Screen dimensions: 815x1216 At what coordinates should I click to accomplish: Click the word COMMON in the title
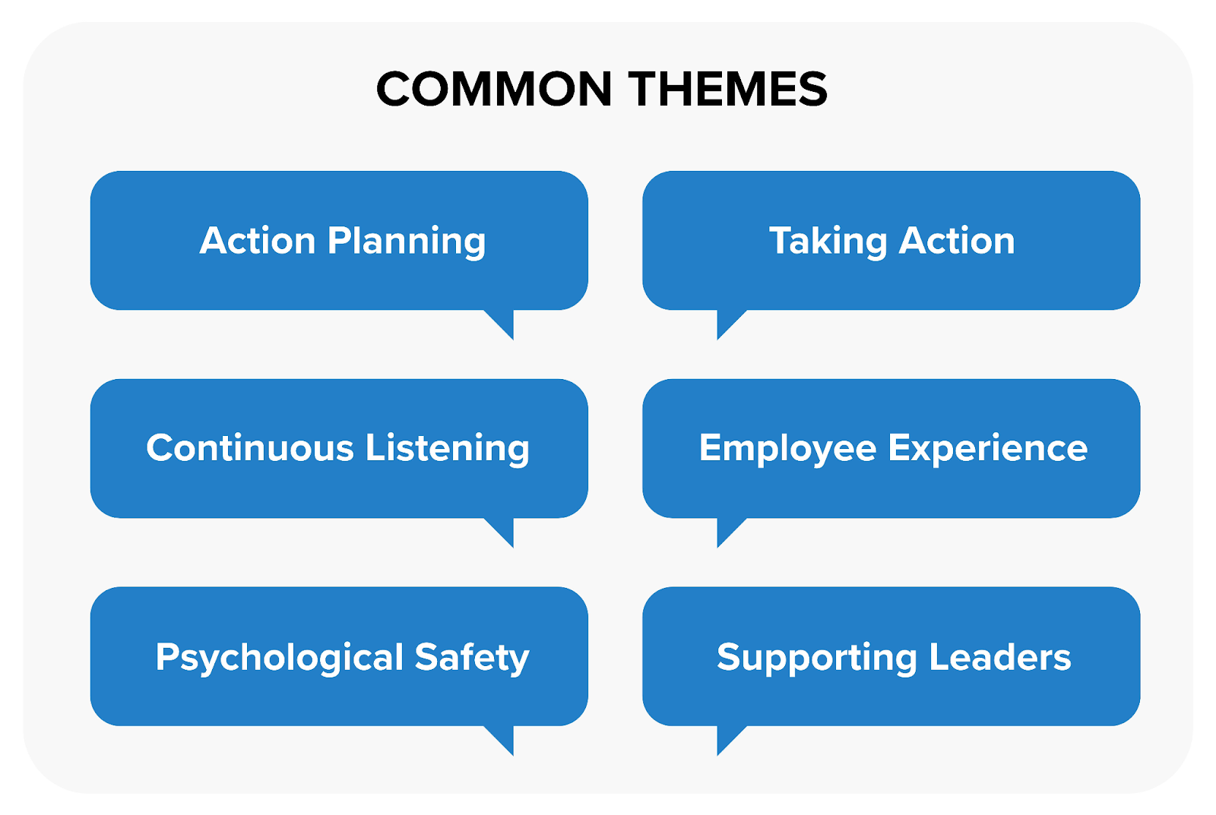pyautogui.click(x=494, y=89)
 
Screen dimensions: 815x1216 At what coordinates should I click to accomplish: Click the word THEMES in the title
pyautogui.click(x=727, y=89)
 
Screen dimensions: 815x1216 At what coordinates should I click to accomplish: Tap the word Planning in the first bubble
pyautogui.click(x=407, y=242)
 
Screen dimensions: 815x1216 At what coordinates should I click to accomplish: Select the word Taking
pyautogui.click(x=828, y=242)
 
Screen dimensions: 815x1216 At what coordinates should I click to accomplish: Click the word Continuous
pyautogui.click(x=250, y=447)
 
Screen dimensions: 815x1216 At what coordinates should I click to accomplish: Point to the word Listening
pyautogui.click(x=448, y=449)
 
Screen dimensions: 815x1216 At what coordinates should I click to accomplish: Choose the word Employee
pyautogui.click(x=787, y=449)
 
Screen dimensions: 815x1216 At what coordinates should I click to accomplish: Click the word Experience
pyautogui.click(x=988, y=448)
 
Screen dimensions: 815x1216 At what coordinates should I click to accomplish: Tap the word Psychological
pyautogui.click(x=279, y=658)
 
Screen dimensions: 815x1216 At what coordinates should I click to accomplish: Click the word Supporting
pyautogui.click(x=817, y=658)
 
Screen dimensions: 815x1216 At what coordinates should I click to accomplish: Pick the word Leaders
pyautogui.click(x=1000, y=657)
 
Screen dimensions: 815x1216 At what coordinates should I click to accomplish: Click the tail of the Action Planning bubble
pyautogui.click(x=503, y=322)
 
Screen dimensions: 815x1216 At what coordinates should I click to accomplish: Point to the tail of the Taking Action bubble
pyautogui.click(x=727, y=322)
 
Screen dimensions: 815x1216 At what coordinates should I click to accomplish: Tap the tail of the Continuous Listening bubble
pyautogui.click(x=503, y=530)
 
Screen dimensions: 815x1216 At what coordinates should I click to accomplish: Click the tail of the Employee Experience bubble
pyautogui.click(x=727, y=530)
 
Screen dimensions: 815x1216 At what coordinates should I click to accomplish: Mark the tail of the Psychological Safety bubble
pyautogui.click(x=503, y=738)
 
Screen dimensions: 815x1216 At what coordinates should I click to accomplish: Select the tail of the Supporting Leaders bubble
pyautogui.click(x=727, y=738)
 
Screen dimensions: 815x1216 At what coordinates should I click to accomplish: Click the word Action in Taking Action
pyautogui.click(x=957, y=241)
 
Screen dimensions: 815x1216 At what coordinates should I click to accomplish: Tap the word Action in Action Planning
pyautogui.click(x=257, y=241)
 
